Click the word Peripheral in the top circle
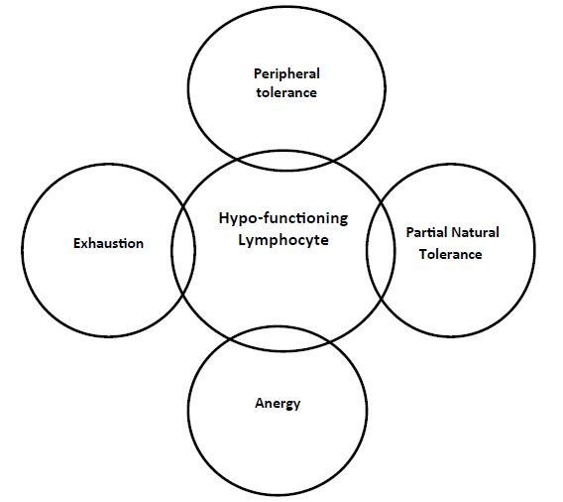pos(286,73)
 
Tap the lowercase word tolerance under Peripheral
pos(285,92)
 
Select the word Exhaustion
pos(108,243)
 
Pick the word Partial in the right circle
pos(426,233)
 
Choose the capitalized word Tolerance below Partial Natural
pos(449,254)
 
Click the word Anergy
pos(278,403)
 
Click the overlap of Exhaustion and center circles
pos(183,248)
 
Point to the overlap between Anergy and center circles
pos(278,341)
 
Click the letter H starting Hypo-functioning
pos(222,219)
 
